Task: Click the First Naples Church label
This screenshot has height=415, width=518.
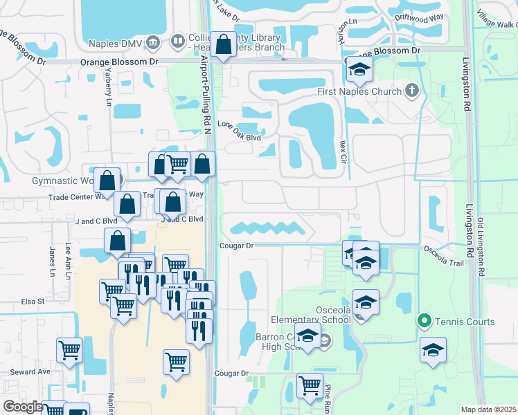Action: pyautogui.click(x=359, y=91)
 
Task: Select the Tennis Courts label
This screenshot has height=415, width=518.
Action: pyautogui.click(x=465, y=322)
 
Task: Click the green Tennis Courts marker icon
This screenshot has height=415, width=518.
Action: pyautogui.click(x=423, y=321)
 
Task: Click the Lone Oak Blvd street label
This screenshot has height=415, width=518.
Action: pyautogui.click(x=239, y=126)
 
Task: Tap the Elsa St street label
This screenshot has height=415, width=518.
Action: pyautogui.click(x=33, y=302)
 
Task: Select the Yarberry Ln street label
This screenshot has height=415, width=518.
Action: pyautogui.click(x=108, y=91)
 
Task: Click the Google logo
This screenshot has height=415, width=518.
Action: pyautogui.click(x=23, y=406)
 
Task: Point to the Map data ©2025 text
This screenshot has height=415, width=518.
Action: pyautogui.click(x=488, y=409)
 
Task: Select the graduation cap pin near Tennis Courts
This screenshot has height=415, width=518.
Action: pyautogui.click(x=433, y=351)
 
